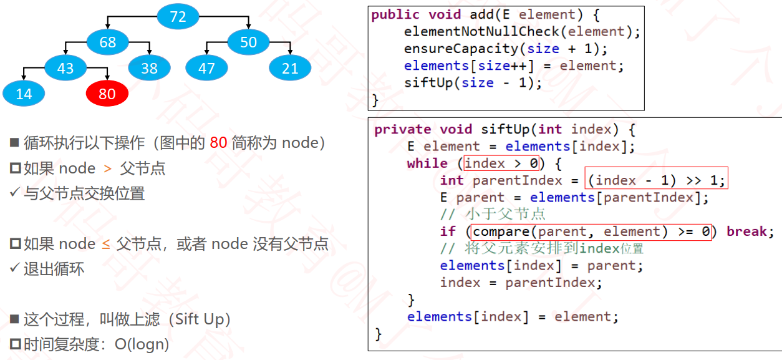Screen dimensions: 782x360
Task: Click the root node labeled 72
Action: (178, 16)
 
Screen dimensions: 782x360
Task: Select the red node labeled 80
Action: (107, 94)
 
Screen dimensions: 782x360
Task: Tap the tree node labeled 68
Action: (107, 42)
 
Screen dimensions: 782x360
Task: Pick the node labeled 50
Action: (248, 42)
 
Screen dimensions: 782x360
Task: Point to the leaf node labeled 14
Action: (24, 94)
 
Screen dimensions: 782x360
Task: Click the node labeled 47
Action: (206, 68)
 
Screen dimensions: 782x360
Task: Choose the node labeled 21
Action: (290, 68)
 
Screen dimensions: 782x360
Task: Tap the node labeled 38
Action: (150, 68)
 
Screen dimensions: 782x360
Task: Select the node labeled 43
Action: (65, 68)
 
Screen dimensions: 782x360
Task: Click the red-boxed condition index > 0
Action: (501, 163)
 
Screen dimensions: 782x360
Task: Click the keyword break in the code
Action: (746, 231)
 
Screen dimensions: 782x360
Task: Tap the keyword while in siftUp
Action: (427, 163)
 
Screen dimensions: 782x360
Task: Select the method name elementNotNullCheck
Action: (482, 31)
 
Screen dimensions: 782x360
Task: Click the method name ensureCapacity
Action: (461, 49)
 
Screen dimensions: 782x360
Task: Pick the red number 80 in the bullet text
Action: (218, 142)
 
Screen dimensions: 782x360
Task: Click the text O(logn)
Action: (142, 344)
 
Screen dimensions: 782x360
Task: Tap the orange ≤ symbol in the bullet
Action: (106, 244)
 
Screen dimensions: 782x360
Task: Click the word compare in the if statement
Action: (501, 231)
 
